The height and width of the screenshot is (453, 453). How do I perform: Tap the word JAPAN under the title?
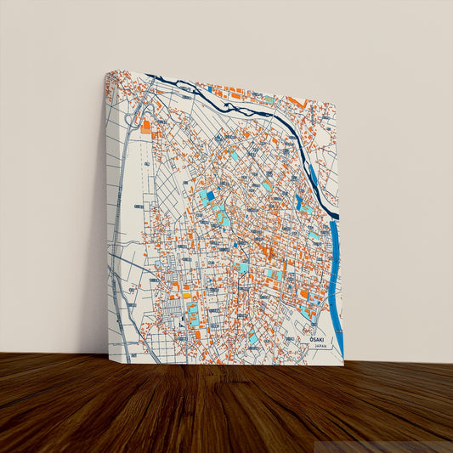(x=320, y=347)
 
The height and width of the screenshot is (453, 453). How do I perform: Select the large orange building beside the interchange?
(x=146, y=127)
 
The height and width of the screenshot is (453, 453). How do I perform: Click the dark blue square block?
(x=210, y=195)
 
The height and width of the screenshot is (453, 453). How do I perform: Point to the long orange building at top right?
(x=295, y=102)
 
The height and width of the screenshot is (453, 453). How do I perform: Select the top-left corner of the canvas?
(x=105, y=72)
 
